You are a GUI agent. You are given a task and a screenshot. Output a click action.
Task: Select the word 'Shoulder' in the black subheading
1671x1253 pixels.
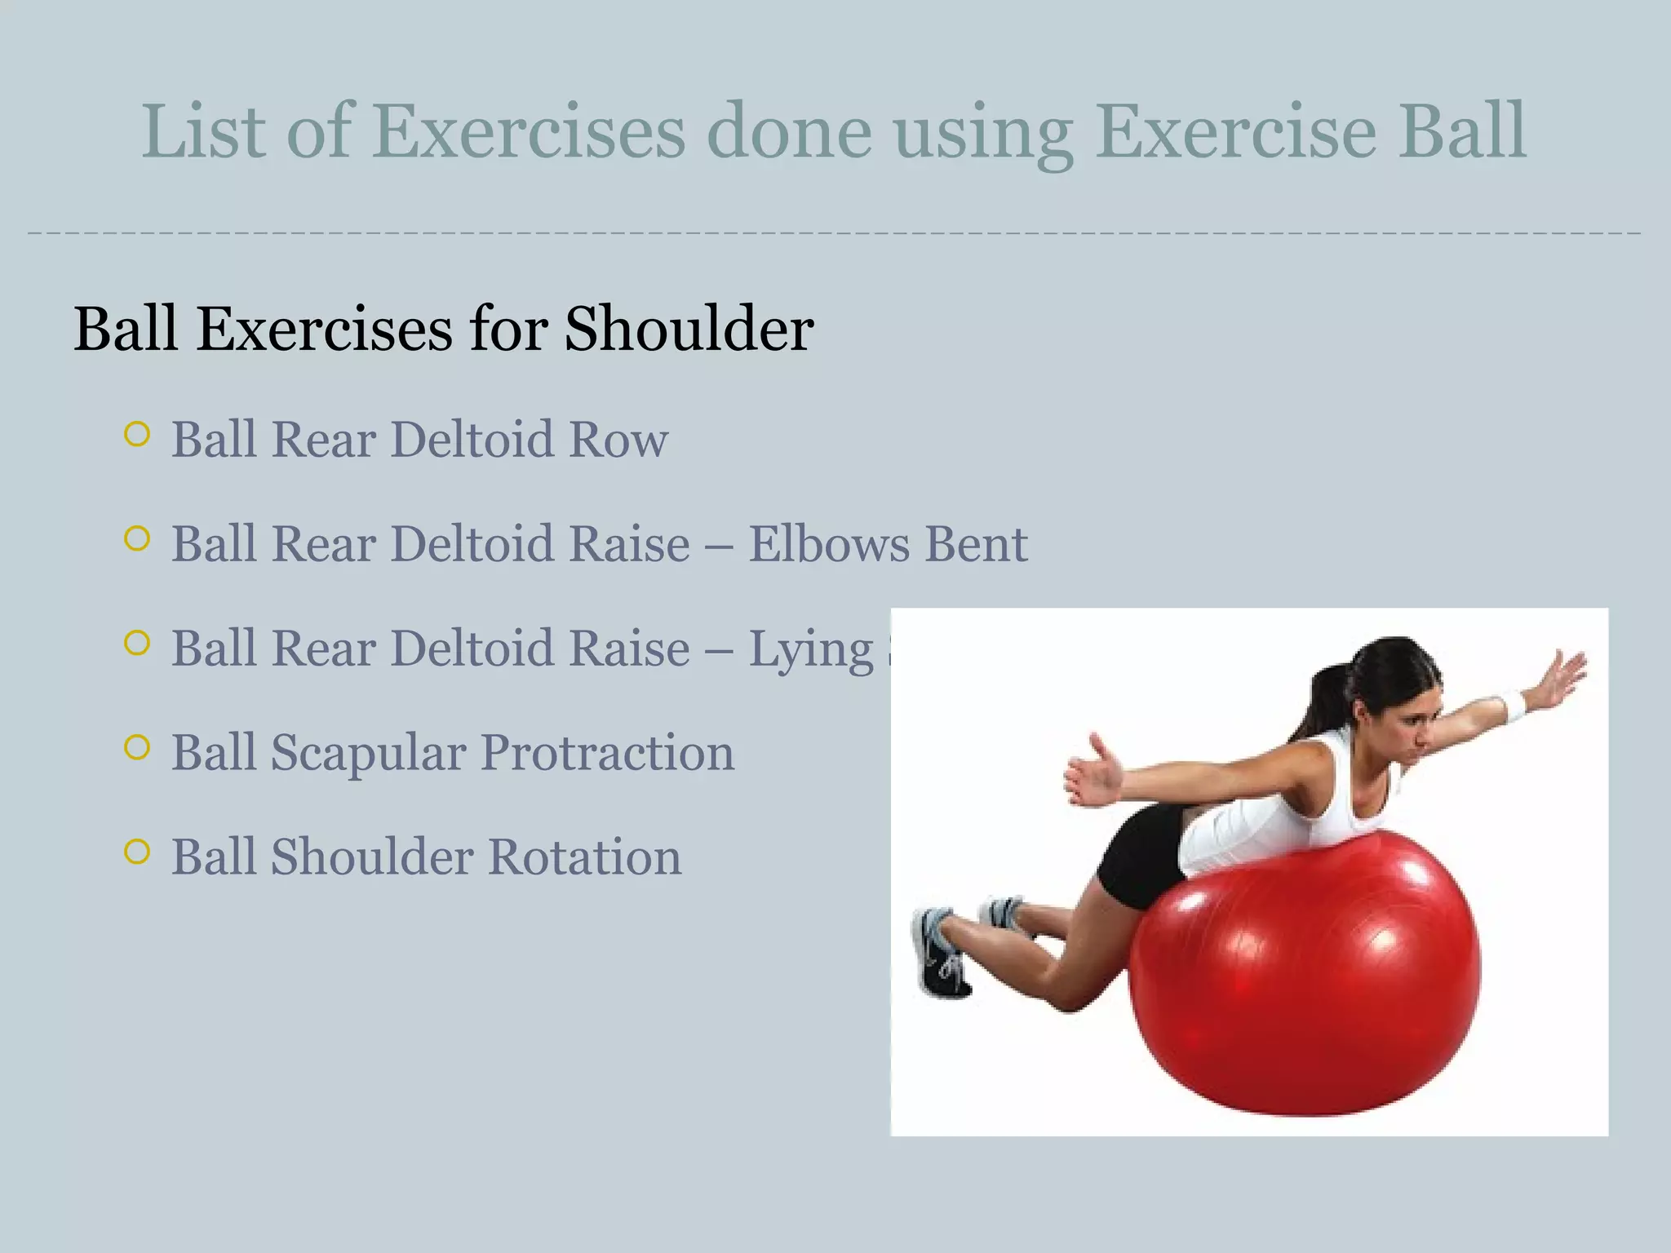point(689,330)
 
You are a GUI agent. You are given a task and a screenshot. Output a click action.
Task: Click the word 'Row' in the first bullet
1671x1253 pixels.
point(618,440)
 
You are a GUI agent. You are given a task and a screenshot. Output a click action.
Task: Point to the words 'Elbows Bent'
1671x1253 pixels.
point(888,544)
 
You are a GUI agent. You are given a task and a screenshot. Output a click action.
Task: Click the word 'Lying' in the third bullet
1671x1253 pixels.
point(811,650)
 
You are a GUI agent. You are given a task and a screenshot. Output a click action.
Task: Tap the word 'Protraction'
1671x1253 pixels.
point(607,753)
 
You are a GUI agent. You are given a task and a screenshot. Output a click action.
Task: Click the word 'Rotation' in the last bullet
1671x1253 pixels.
point(585,857)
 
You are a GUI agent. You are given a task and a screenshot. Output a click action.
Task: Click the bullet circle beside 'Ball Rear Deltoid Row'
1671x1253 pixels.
point(138,434)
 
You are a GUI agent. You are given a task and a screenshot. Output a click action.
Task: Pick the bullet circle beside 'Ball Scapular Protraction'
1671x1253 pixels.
point(138,747)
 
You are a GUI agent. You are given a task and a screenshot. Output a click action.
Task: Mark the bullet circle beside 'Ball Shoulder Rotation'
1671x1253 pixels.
point(138,852)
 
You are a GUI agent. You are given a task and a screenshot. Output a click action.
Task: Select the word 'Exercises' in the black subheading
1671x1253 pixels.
point(324,330)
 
